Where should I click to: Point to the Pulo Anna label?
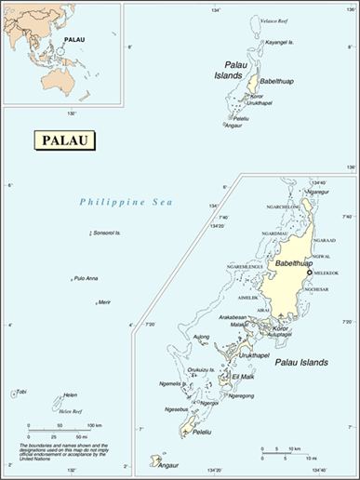click(87, 278)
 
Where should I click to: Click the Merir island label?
click(104, 301)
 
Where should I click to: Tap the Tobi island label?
click(22, 392)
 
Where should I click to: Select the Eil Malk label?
click(244, 376)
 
